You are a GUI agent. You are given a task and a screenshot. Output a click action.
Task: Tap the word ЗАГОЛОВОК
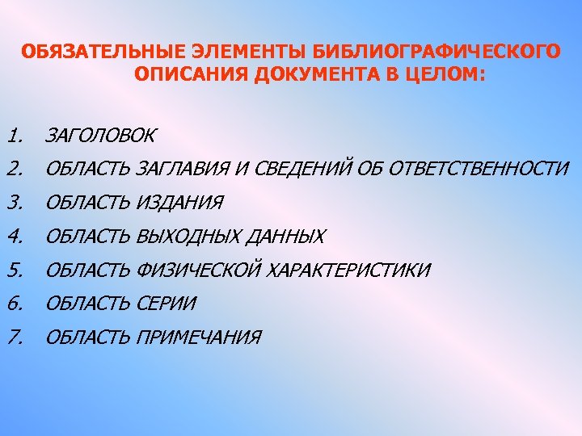[x=100, y=135]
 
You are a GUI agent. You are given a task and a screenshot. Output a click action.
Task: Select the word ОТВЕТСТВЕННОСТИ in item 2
[x=479, y=168]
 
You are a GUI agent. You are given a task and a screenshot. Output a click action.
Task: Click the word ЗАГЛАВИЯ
[x=184, y=168]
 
